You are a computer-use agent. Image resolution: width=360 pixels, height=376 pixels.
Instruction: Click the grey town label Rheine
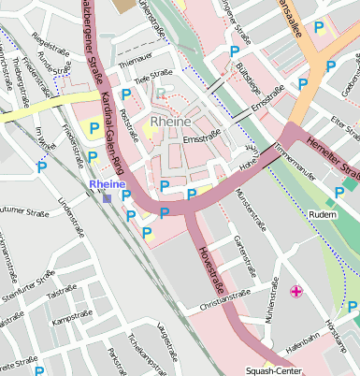[x=171, y=123]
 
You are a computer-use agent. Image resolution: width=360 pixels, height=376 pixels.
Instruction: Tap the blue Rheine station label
[x=107, y=184]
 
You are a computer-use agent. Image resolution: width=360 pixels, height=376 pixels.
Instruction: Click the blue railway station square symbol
[x=108, y=197]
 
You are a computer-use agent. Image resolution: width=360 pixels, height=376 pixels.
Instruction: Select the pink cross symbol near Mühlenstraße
[x=296, y=293]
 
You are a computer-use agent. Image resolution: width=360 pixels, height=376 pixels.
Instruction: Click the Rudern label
[x=323, y=214]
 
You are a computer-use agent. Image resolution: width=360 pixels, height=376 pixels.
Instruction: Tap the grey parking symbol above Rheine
[x=163, y=94]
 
